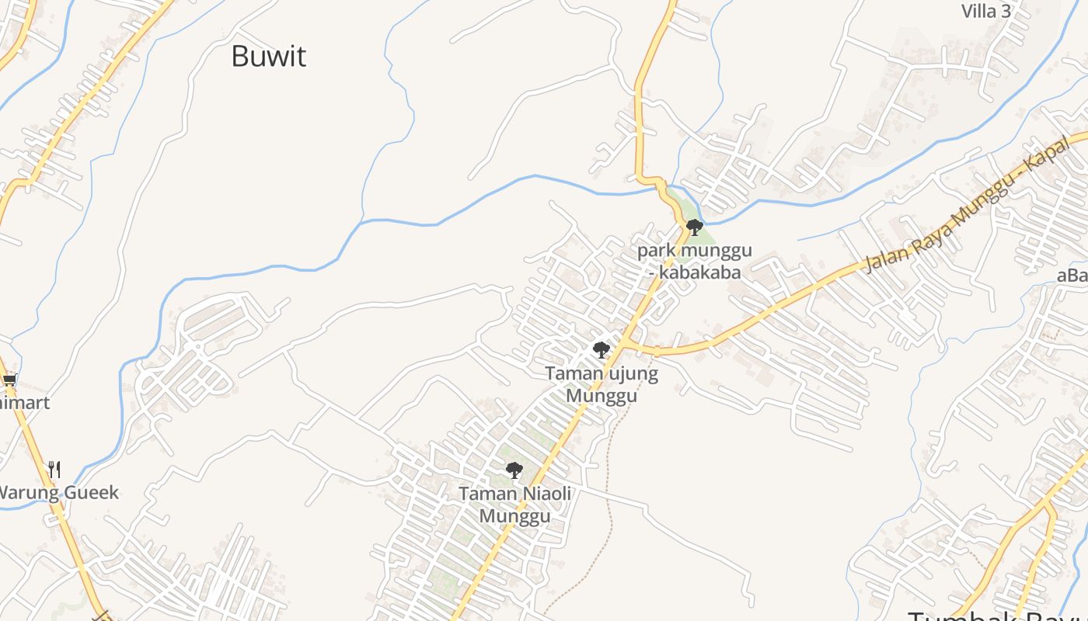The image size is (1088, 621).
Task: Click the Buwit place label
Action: click(269, 57)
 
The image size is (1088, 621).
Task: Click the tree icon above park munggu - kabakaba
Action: click(695, 227)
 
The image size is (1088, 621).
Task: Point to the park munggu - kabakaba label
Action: click(695, 262)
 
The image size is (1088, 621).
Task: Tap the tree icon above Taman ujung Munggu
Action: click(602, 350)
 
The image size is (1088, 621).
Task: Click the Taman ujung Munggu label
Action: click(602, 384)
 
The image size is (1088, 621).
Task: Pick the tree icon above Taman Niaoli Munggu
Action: click(514, 470)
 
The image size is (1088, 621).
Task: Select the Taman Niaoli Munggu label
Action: click(514, 505)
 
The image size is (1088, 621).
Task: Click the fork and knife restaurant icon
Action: click(54, 469)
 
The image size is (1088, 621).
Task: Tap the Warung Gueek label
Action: click(58, 492)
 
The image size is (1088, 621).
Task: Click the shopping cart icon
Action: click(9, 380)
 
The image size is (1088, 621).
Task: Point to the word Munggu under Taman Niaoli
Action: click(514, 516)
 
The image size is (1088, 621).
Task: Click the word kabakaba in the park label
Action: click(702, 273)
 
